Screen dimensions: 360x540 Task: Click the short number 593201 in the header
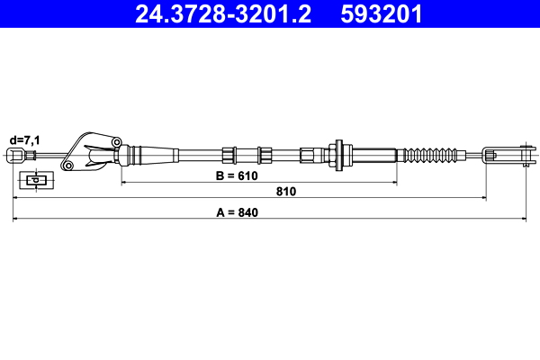(381, 14)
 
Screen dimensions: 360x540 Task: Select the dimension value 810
(286, 192)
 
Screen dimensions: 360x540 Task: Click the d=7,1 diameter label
(25, 139)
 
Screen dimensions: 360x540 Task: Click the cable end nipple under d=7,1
(14, 157)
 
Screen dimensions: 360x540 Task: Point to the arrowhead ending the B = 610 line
(393, 182)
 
